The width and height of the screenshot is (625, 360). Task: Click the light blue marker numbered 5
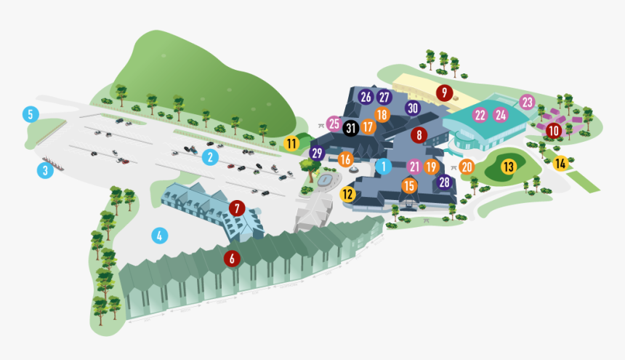pyautogui.click(x=30, y=114)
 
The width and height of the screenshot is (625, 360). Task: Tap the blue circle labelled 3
pyautogui.click(x=45, y=171)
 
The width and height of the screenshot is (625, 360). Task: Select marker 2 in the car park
pyautogui.click(x=210, y=156)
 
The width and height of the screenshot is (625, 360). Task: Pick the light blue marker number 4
pyautogui.click(x=159, y=236)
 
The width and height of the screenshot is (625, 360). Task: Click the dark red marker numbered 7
pyautogui.click(x=236, y=209)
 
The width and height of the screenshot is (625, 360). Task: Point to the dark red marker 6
pyautogui.click(x=232, y=257)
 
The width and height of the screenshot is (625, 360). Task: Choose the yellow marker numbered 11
pyautogui.click(x=291, y=143)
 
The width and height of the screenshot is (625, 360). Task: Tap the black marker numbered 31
pyautogui.click(x=351, y=128)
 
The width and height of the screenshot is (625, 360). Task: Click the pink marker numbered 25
pyautogui.click(x=334, y=124)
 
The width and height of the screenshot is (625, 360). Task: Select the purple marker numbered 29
pyautogui.click(x=317, y=153)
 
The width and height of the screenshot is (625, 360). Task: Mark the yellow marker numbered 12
pyautogui.click(x=347, y=194)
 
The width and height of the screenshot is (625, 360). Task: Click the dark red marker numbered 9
pyautogui.click(x=443, y=92)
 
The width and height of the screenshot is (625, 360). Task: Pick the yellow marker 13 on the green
pyautogui.click(x=508, y=167)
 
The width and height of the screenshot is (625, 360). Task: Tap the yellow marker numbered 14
pyautogui.click(x=560, y=164)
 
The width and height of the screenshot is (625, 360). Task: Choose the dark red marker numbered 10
pyautogui.click(x=554, y=131)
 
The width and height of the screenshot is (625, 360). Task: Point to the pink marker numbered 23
pyautogui.click(x=527, y=103)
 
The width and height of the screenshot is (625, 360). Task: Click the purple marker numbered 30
pyautogui.click(x=414, y=108)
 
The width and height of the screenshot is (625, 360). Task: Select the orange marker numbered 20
pyautogui.click(x=467, y=167)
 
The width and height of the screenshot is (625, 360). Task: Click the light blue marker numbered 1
pyautogui.click(x=383, y=166)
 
